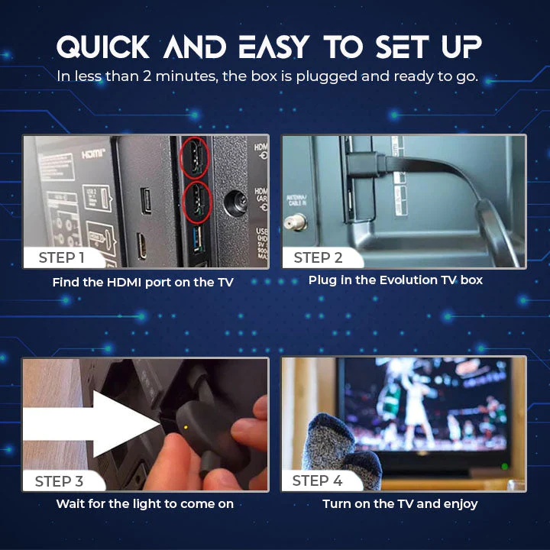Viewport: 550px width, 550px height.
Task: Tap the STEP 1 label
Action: (x=61, y=257)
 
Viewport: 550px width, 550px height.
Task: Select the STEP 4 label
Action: (x=318, y=481)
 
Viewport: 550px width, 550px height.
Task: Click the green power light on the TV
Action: (x=504, y=465)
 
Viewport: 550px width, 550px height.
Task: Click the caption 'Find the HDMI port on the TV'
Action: (x=143, y=282)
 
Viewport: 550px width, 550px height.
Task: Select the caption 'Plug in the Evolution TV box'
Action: (x=396, y=280)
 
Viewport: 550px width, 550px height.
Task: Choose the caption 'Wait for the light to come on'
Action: (x=144, y=503)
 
